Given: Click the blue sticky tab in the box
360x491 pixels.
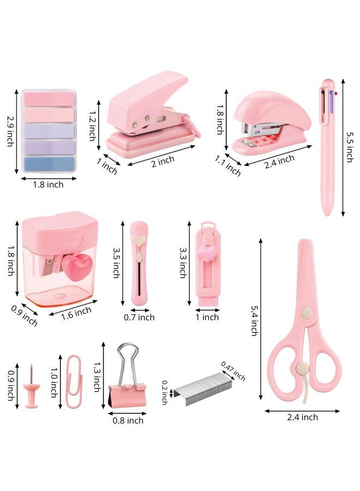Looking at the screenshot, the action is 49,164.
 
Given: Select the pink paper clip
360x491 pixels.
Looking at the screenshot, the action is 74,381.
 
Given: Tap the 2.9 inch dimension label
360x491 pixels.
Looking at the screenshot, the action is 11,131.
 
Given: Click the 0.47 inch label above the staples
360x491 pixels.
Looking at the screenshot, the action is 233,371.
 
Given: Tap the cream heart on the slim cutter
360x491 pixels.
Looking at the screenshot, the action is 139,240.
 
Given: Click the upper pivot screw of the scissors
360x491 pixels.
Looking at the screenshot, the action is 307,313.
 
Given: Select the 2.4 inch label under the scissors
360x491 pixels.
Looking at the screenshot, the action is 302,417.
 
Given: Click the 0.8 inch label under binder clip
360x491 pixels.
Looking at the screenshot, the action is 128,420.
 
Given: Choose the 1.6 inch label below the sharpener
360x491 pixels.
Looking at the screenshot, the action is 76,313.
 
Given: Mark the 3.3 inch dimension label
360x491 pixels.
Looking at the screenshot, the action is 183,263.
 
